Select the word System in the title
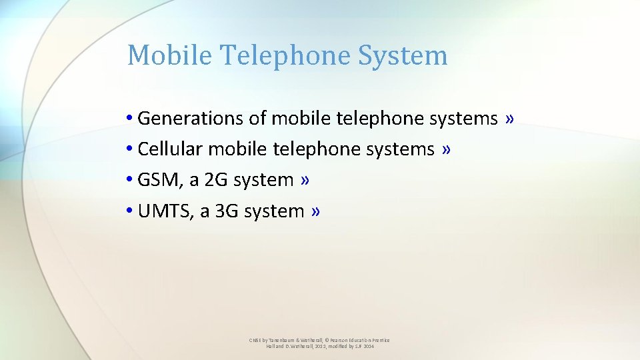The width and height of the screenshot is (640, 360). [x=403, y=55]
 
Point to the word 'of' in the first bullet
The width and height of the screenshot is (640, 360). [x=257, y=119]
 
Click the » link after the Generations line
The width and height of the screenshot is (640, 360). [x=509, y=119]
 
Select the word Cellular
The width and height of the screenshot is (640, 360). [x=169, y=149]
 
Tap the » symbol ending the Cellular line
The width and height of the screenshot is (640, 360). [x=446, y=149]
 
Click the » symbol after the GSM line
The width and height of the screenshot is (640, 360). [x=305, y=180]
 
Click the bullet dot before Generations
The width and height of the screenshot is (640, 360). [x=128, y=119]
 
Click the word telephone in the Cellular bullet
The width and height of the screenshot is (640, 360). [x=317, y=149]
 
